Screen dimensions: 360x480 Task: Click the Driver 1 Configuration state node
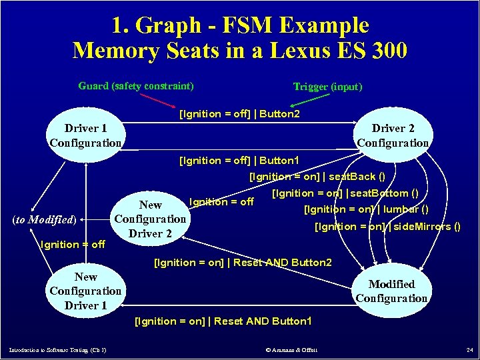point(86,135)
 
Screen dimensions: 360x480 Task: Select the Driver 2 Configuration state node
point(393,135)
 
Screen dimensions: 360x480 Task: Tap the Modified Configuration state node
point(391,291)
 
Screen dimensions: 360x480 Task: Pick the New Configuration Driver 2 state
point(150,219)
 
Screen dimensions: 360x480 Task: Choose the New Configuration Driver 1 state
point(85,291)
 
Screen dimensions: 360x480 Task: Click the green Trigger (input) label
point(327,87)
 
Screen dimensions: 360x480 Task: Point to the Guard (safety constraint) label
point(136,86)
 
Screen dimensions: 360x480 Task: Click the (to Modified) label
point(45,218)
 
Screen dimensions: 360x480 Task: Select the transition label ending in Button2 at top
point(239,114)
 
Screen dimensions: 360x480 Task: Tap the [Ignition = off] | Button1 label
point(239,161)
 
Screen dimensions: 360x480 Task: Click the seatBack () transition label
point(317,177)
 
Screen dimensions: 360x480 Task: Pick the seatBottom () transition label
point(345,193)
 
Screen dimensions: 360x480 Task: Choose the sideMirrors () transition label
point(387,227)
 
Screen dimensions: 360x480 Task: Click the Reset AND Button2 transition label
point(243,262)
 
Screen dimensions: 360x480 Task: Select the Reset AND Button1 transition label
point(223,321)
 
